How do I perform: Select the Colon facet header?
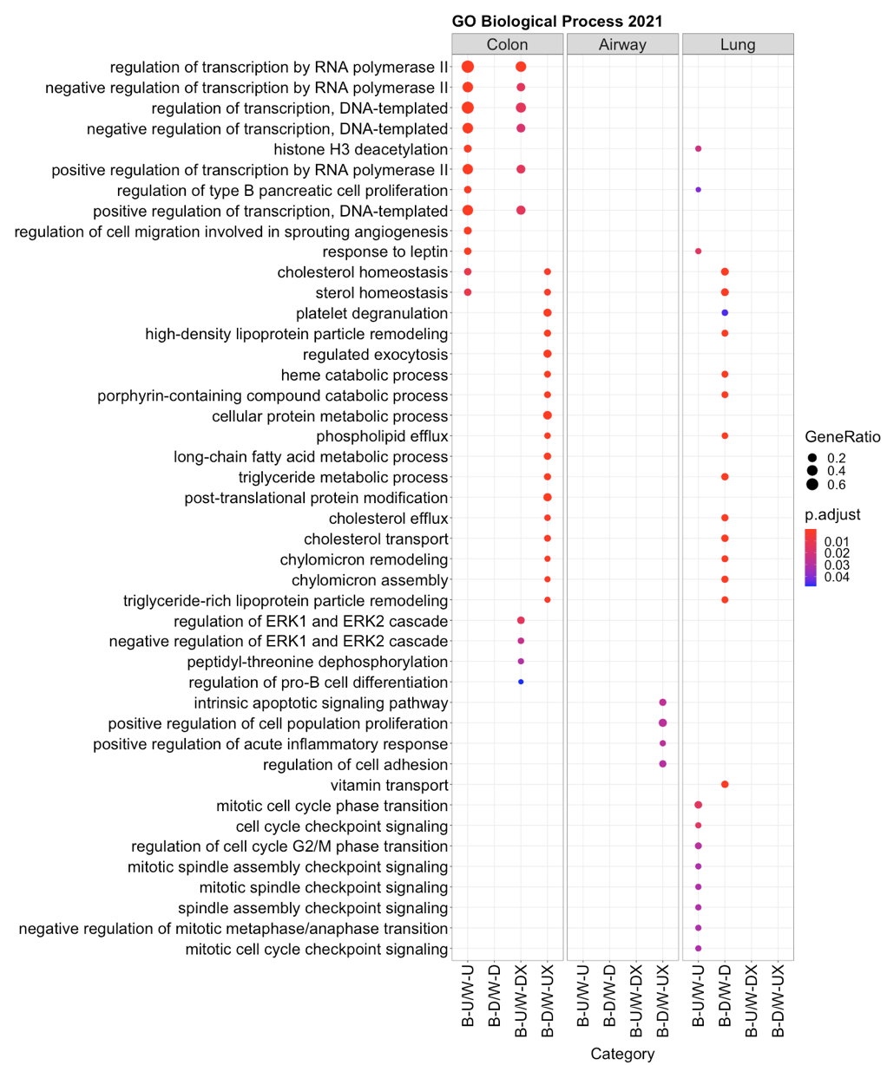507,44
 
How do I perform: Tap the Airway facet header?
622,44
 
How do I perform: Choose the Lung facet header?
738,44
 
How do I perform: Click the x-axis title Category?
622,1054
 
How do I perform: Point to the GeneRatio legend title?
843,438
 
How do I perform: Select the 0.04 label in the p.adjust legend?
838,578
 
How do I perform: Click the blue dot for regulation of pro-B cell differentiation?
521,682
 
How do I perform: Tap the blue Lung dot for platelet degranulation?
725,313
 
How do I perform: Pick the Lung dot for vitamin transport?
725,784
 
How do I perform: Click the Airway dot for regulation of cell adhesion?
663,764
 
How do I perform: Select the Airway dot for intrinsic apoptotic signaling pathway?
663,702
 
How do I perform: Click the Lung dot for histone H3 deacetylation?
698,149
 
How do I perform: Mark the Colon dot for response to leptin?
468,252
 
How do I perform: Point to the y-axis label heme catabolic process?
365,375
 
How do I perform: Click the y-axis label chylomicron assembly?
370,579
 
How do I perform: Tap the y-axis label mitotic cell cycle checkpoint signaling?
317,949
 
